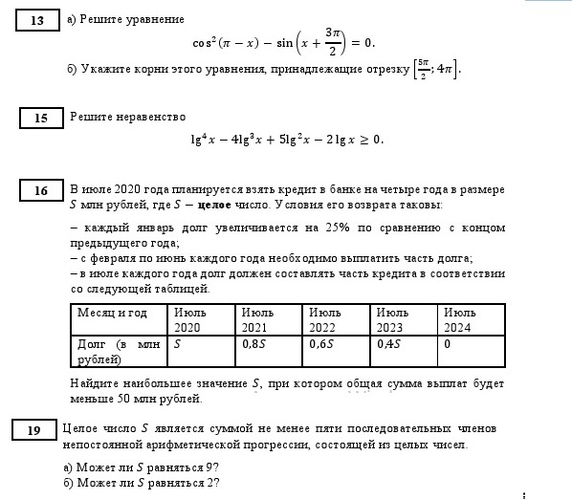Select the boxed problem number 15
(x=41, y=119)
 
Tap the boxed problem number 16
(x=41, y=191)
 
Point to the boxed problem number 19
(x=34, y=431)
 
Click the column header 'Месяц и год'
(x=111, y=313)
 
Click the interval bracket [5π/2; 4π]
(x=435, y=70)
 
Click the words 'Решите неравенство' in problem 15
(x=127, y=117)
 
